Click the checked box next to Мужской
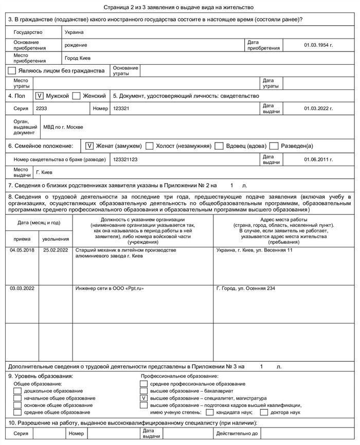(40, 96)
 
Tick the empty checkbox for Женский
(77, 96)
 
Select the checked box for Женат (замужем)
(89, 146)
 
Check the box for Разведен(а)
(274, 146)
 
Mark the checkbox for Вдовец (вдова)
(219, 146)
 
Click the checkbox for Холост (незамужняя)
(150, 146)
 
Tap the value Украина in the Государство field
(74, 32)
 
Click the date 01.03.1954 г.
(318, 45)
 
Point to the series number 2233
(41, 109)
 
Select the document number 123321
(121, 109)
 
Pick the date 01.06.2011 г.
(318, 159)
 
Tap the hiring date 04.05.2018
(22, 250)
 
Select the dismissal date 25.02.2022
(56, 250)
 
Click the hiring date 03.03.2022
(22, 288)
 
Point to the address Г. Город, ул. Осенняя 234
(246, 288)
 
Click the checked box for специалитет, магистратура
(144, 398)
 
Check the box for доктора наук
(264, 412)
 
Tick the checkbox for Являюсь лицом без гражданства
(12, 70)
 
